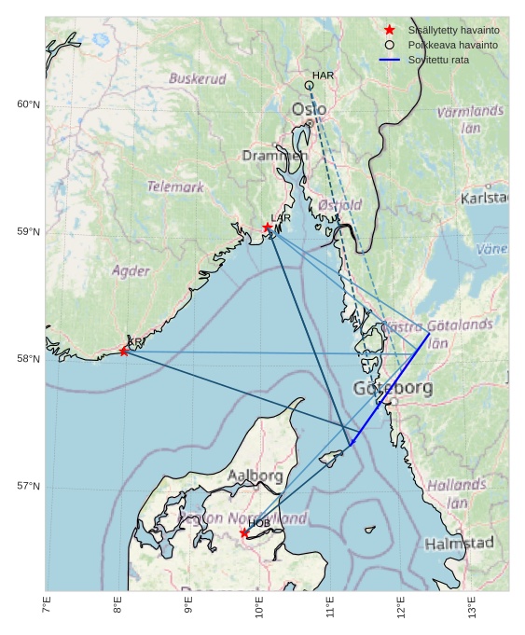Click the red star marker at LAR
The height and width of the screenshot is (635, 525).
268,228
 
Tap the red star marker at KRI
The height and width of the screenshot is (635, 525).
124,352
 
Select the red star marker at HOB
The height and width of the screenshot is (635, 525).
244,533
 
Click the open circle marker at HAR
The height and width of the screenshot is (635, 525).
309,86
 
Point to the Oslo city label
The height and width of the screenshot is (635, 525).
309,110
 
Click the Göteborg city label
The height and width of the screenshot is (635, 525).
393,388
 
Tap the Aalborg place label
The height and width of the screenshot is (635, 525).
256,476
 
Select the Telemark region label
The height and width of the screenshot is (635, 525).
175,187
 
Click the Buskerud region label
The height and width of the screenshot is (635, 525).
198,79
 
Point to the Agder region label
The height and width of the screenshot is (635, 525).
131,271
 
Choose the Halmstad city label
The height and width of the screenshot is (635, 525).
459,544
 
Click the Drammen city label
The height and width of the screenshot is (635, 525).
274,157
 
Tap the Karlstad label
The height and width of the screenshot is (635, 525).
484,199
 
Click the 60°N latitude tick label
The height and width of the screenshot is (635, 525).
28,104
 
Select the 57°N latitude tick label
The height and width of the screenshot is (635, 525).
28,487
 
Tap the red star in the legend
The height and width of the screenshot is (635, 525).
390,30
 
